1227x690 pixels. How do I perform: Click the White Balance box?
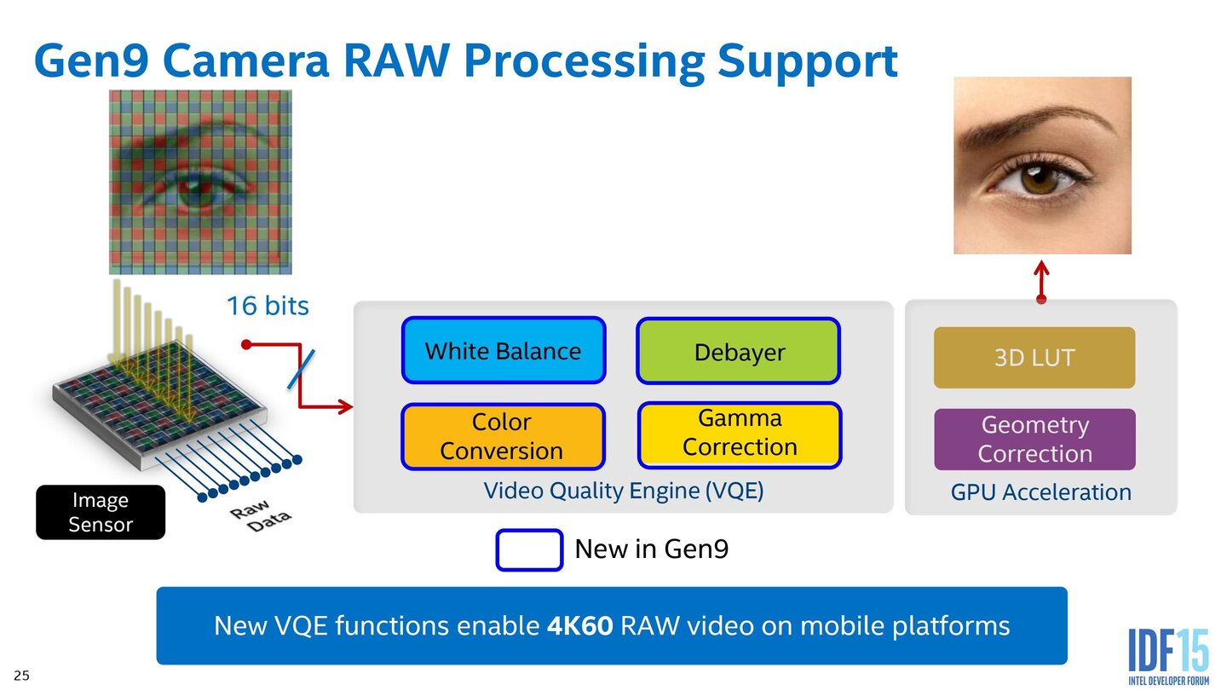[x=503, y=350]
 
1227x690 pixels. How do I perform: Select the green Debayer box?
[x=739, y=351]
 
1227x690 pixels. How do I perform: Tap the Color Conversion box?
[x=502, y=436]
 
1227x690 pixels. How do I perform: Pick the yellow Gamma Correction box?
[x=739, y=434]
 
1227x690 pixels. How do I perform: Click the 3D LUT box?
[x=1034, y=358]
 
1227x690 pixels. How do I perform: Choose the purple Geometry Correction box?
[x=1034, y=440]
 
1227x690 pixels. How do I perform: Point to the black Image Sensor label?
[x=101, y=512]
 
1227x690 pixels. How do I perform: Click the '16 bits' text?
[x=267, y=306]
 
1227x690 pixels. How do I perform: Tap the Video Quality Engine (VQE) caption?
[x=623, y=491]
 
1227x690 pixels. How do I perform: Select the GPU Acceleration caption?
[x=1040, y=492]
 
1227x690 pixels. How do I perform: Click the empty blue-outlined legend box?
[x=529, y=549]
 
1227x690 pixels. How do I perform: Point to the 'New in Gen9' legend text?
[x=652, y=549]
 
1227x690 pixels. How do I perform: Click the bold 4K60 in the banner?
[x=579, y=626]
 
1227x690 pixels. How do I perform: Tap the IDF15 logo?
[x=1168, y=656]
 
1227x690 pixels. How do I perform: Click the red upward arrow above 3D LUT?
[x=1041, y=281]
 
